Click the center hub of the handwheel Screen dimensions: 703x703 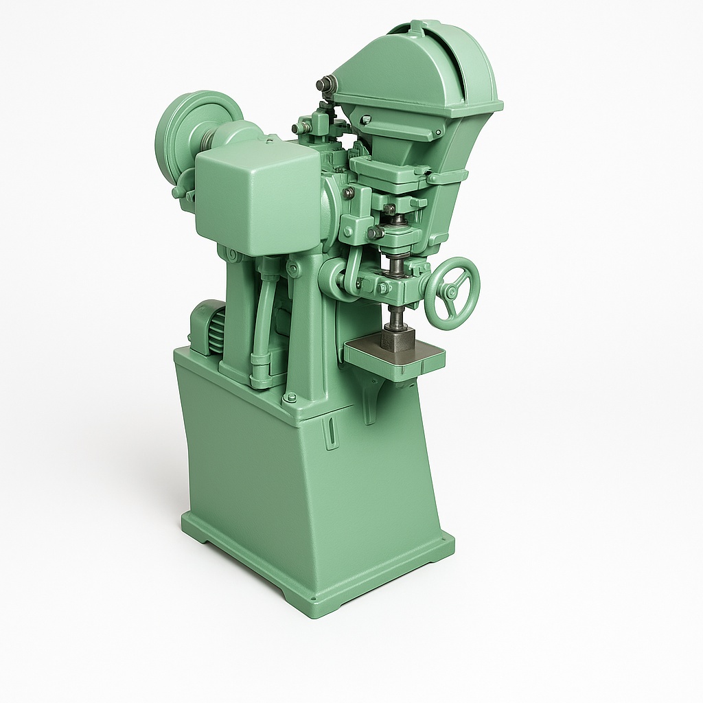(451, 292)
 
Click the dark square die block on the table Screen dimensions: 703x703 (398, 339)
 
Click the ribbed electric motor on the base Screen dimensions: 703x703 (209, 327)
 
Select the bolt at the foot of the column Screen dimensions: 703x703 (290, 397)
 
